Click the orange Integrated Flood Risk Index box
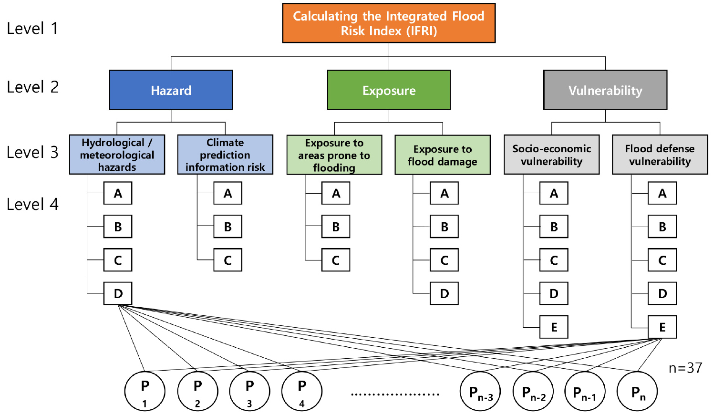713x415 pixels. pos(389,23)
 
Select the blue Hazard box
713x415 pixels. pos(171,90)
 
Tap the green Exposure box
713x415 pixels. pos(389,90)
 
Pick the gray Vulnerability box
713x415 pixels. pos(605,90)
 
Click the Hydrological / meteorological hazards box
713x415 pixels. pos(117,155)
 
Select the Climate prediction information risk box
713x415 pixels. pos(225,155)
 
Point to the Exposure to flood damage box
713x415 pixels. pos(443,155)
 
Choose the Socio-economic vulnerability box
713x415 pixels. pos(551,155)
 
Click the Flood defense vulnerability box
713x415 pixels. pos(660,155)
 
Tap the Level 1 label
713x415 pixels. pos(32,29)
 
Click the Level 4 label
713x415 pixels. pos(32,204)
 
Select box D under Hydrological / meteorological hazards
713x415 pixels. pos(118,293)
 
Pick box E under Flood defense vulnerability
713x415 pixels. pos(662,327)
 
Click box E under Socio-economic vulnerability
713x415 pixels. pos(554,327)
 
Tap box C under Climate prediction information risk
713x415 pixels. pos(227,260)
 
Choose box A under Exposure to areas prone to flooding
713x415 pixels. pos(336,193)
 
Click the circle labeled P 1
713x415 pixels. pos(145,391)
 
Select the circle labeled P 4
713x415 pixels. pos(302,391)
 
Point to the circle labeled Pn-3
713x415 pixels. pos(480,392)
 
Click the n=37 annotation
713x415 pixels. pos(685,368)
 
